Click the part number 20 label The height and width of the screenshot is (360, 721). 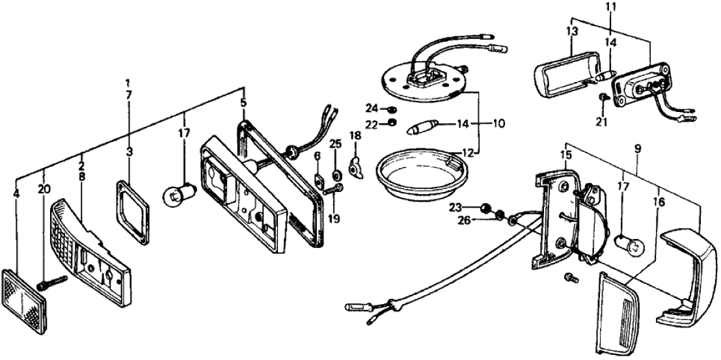click(x=43, y=189)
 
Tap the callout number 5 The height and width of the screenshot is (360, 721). click(x=243, y=103)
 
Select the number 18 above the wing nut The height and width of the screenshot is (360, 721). click(x=355, y=135)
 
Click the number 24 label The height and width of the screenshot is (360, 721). click(x=370, y=107)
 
